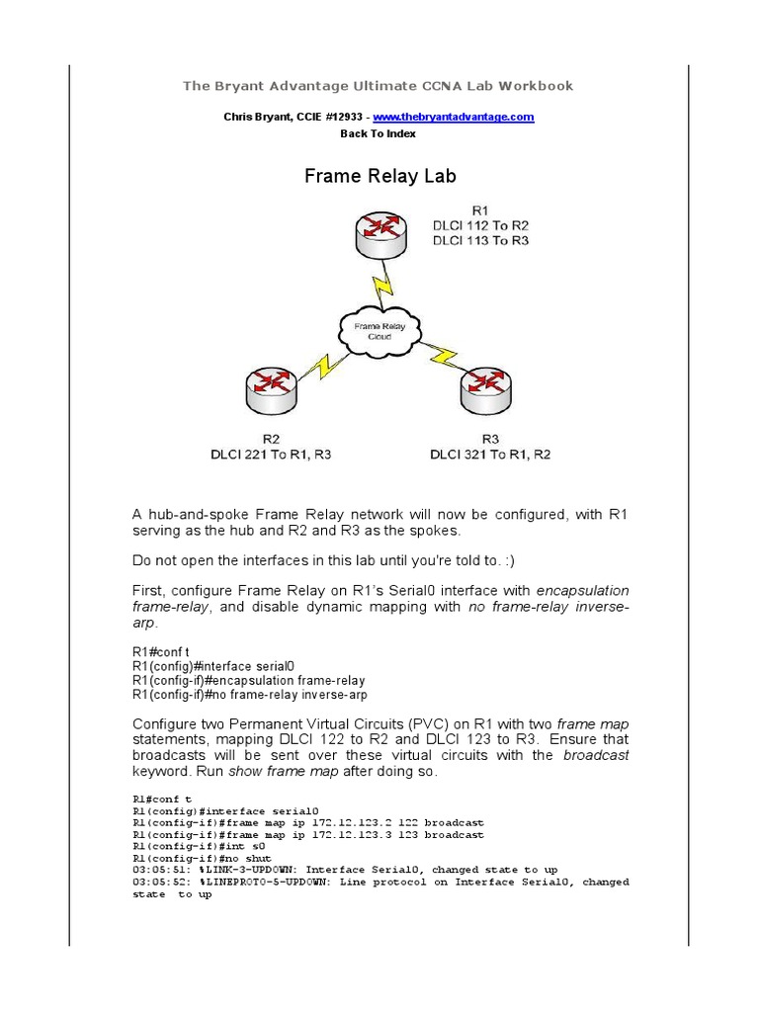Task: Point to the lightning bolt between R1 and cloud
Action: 379,287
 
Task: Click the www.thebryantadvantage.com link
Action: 468,117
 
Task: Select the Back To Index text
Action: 379,133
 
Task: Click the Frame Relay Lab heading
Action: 379,177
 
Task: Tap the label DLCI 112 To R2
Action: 479,225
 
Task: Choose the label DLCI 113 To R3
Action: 479,240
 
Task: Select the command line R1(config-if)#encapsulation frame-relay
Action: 249,681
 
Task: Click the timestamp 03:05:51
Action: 156,870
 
